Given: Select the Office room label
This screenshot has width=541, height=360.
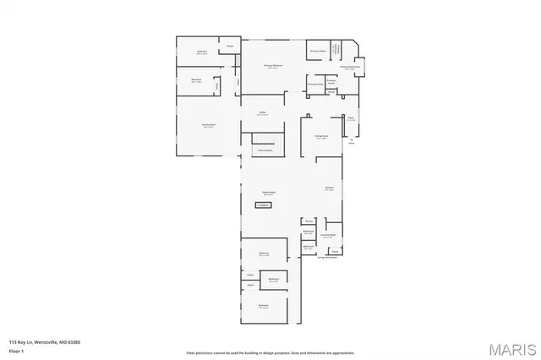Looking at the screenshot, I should (x=263, y=113).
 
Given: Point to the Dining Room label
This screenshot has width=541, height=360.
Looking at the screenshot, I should (x=321, y=137).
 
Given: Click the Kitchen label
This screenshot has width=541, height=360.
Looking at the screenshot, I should (x=330, y=188).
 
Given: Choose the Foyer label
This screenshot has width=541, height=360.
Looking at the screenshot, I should (x=351, y=119).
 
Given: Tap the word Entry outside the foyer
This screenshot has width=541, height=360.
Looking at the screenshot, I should (x=352, y=143).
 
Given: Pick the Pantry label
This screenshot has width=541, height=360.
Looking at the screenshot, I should (x=309, y=221).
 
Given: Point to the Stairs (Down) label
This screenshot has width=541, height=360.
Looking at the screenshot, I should (x=264, y=150).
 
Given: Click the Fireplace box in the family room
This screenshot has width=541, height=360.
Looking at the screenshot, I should (x=263, y=205).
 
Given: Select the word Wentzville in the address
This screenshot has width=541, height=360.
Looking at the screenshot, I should (x=46, y=341).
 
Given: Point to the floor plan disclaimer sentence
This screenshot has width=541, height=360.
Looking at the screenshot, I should (x=270, y=352).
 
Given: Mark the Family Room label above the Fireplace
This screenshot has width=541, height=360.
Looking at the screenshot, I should (x=268, y=194).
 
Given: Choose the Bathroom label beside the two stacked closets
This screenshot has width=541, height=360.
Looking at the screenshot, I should (x=274, y=280).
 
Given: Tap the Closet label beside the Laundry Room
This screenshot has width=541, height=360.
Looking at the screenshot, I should (x=335, y=251).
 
